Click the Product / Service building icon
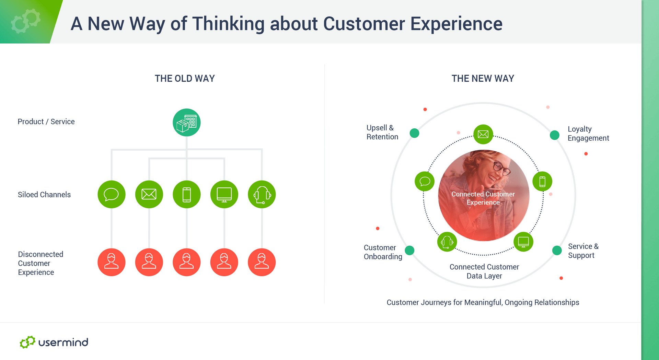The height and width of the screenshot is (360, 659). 186,123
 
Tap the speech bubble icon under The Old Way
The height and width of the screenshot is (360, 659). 112,194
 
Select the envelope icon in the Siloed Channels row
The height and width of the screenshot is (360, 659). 149,194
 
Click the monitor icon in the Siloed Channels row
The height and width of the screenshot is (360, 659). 224,194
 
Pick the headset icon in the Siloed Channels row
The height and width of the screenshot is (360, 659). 262,194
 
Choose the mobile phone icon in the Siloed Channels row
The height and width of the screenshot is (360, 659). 187,194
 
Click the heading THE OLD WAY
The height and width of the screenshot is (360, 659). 185,79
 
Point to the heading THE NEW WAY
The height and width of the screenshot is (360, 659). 483,79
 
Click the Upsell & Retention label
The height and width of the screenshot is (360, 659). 382,132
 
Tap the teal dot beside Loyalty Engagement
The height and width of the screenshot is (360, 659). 555,135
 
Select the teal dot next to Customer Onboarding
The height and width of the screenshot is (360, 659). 409,251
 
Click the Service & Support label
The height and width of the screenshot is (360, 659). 583,251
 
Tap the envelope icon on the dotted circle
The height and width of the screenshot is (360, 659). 483,134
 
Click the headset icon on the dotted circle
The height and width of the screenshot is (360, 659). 447,242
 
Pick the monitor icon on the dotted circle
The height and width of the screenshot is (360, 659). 523,242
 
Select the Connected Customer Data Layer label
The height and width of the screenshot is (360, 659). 484,271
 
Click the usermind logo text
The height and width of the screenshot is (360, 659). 63,342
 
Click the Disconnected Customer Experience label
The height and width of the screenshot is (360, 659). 41,263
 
